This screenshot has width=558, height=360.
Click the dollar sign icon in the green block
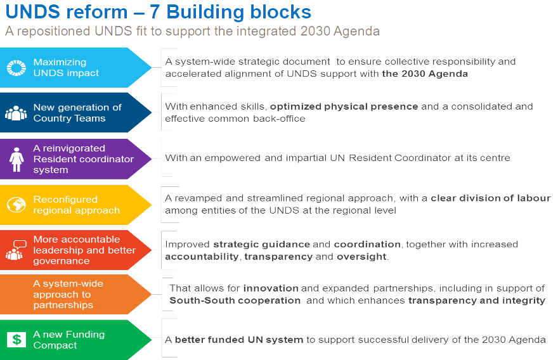point(16,339)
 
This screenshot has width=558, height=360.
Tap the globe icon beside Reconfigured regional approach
point(16,205)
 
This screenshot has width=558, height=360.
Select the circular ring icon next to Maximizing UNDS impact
point(16,68)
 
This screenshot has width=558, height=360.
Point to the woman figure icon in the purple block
point(16,159)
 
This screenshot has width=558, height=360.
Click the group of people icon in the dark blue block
point(16,113)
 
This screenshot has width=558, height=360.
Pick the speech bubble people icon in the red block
point(16,250)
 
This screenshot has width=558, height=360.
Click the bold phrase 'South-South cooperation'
point(235,300)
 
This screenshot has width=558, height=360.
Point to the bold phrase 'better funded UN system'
point(239,340)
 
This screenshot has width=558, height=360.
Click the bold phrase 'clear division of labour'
point(491,198)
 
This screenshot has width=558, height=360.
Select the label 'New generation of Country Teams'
point(68,113)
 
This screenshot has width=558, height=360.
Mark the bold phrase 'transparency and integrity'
point(476,300)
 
